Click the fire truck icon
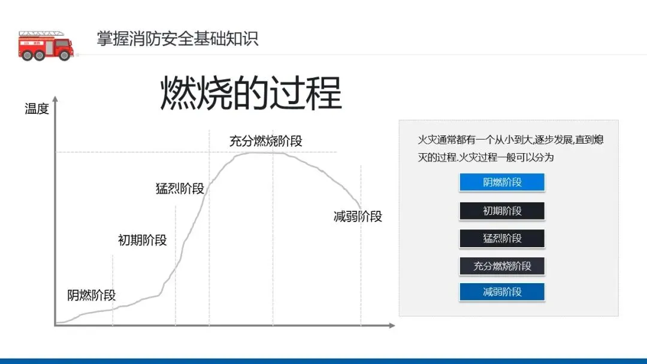(46, 45)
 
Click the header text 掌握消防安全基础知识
(177, 39)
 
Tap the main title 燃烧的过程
(250, 93)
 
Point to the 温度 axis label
(37, 109)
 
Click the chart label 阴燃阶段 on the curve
(91, 295)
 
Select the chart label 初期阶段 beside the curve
(142, 241)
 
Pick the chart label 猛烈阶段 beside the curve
(180, 189)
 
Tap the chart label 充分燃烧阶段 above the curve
(265, 141)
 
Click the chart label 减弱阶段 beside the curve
(358, 217)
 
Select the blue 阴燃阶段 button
(502, 183)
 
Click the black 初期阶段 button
(502, 211)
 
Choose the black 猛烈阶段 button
(502, 238)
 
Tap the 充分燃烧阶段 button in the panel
(502, 266)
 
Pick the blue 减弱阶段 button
(502, 292)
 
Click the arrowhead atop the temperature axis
(56, 99)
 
